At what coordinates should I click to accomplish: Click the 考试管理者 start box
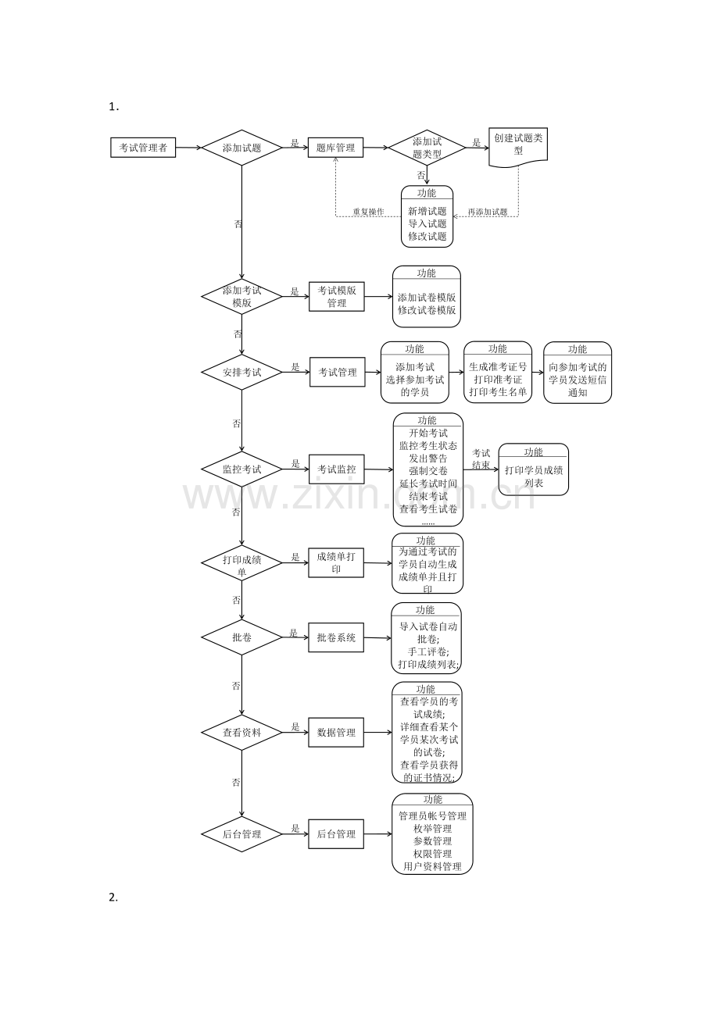[x=143, y=148]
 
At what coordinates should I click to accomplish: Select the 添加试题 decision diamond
[x=241, y=148]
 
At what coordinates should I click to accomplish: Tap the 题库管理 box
[x=335, y=148]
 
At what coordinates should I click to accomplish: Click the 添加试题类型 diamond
[x=427, y=148]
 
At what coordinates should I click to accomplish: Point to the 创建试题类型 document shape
[x=518, y=145]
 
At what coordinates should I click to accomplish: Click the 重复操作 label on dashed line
[x=367, y=212]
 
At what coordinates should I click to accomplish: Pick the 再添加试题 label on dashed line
[x=488, y=212]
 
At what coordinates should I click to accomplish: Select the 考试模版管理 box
[x=336, y=297]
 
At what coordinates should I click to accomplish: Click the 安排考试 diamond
[x=241, y=373]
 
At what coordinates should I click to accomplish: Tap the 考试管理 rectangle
[x=337, y=373]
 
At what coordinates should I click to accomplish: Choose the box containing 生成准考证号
[x=498, y=373]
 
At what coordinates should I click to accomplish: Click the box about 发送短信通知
[x=578, y=373]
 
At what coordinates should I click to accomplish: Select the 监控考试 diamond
[x=241, y=469]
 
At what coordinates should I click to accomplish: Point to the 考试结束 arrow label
[x=481, y=459]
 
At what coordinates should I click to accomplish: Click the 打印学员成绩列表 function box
[x=534, y=470]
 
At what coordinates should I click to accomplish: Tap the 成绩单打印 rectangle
[x=336, y=562]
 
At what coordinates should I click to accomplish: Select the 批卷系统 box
[x=336, y=637]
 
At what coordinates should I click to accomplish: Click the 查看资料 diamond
[x=241, y=733]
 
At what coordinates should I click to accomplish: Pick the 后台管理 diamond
[x=241, y=834]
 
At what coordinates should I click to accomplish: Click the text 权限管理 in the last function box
[x=432, y=854]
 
